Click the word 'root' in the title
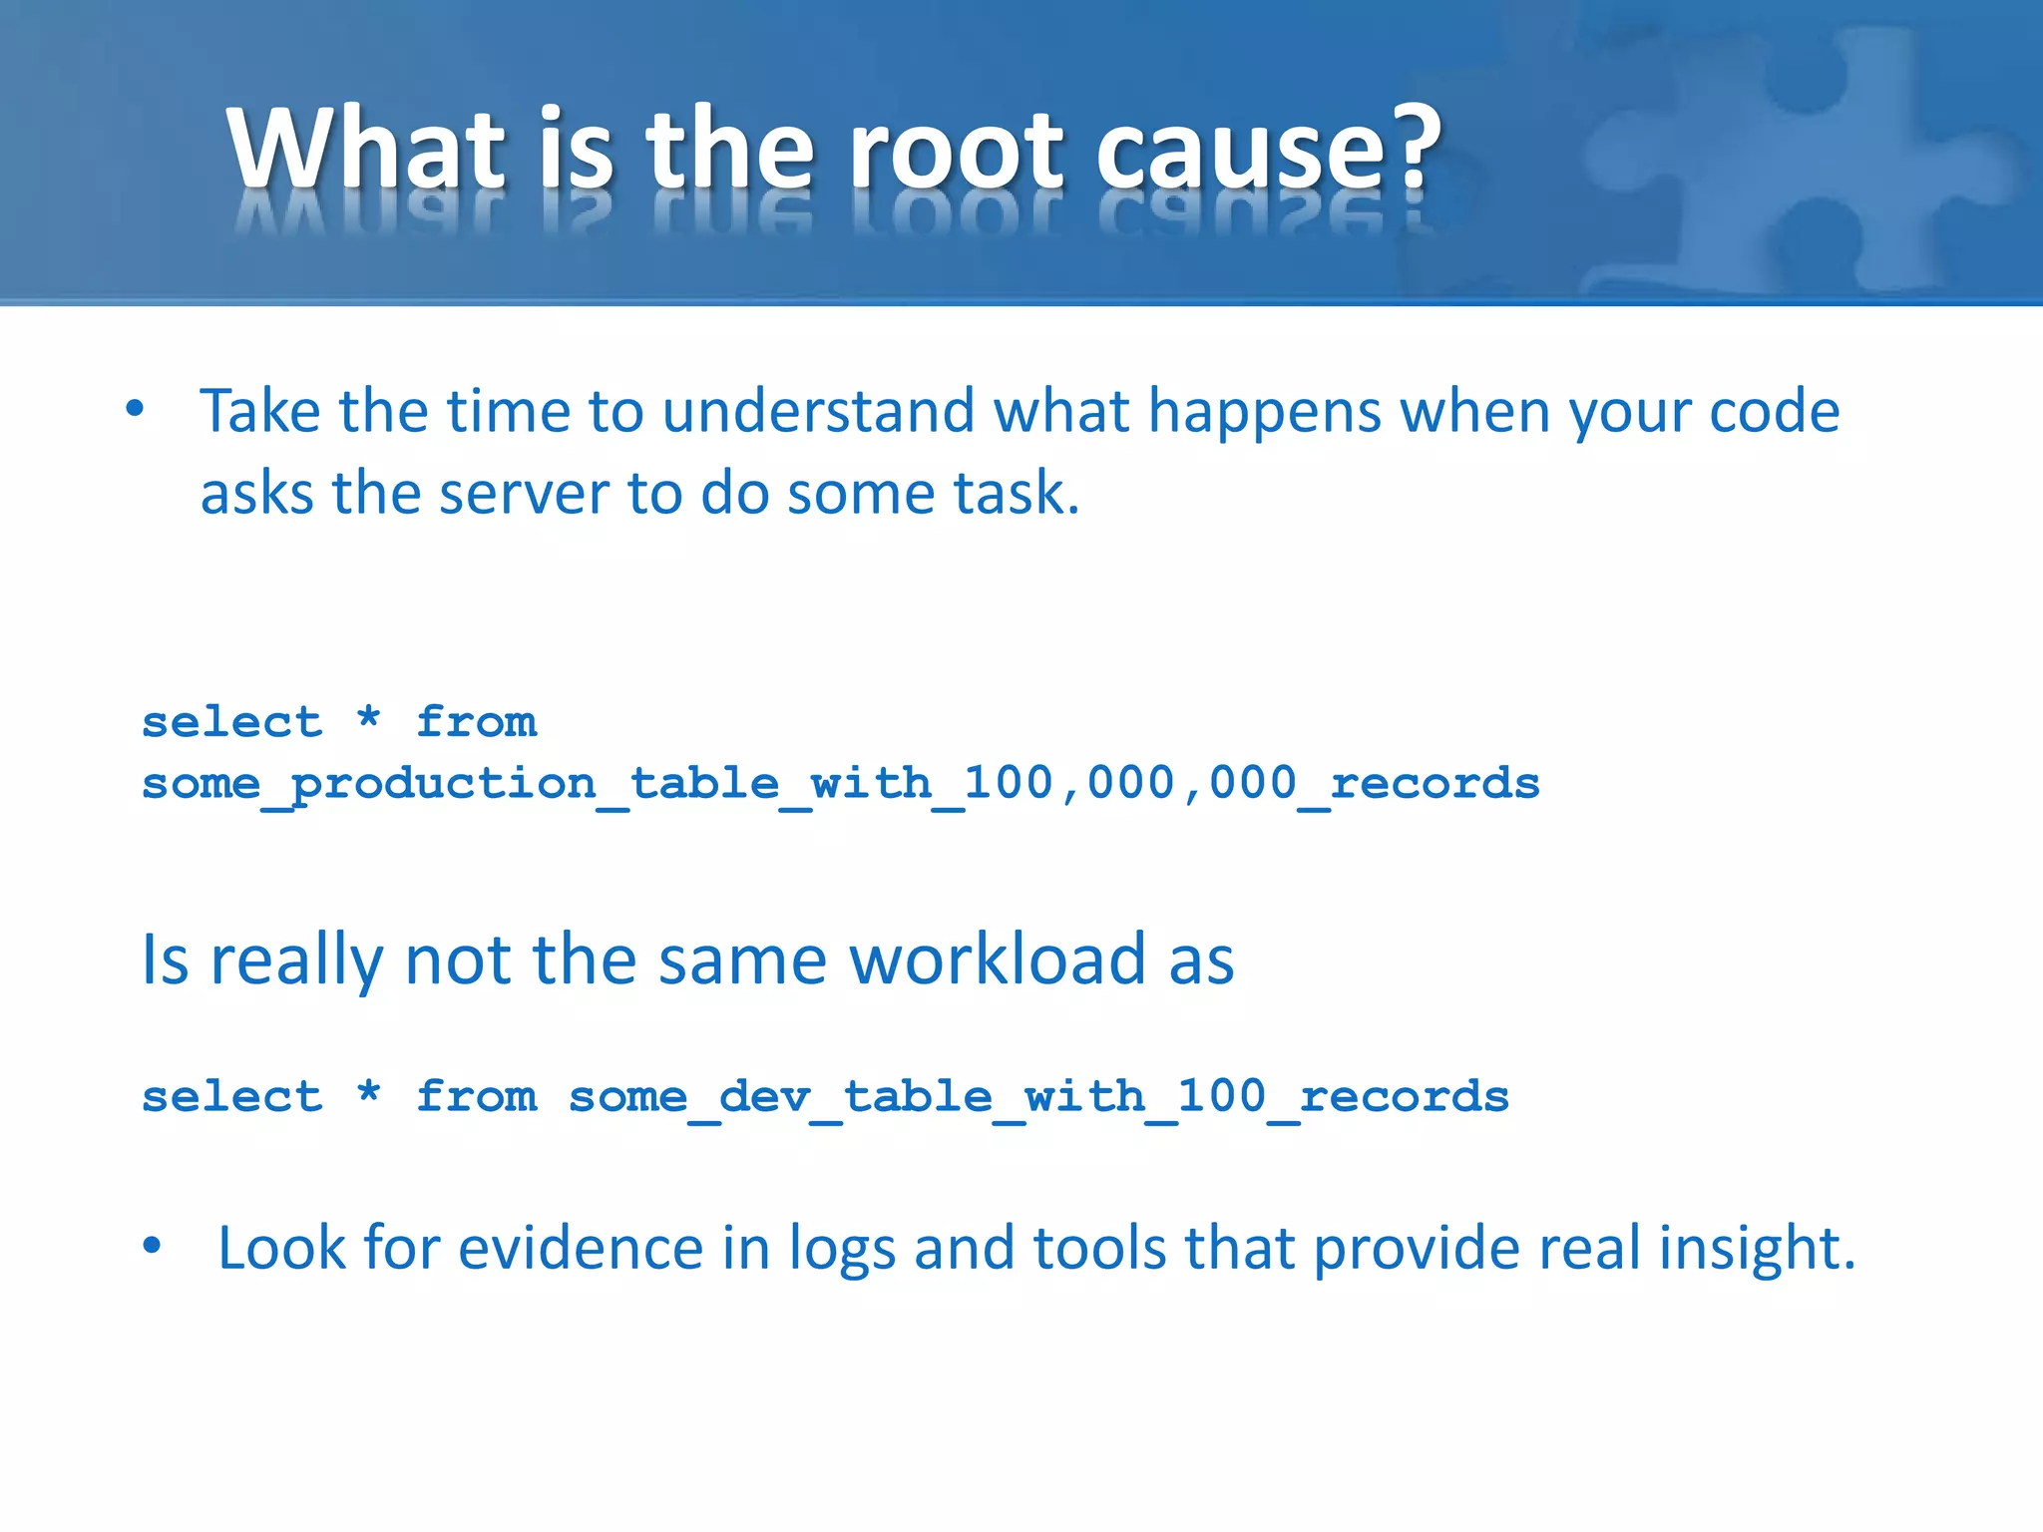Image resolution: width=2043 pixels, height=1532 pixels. [x=958, y=150]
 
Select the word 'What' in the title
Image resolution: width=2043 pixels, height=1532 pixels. [x=366, y=150]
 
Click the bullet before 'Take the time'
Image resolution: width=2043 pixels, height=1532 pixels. [x=136, y=409]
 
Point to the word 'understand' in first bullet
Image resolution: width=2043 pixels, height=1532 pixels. [x=818, y=411]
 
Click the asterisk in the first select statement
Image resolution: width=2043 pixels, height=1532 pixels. [x=369, y=718]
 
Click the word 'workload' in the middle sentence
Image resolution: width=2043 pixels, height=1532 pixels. [x=997, y=959]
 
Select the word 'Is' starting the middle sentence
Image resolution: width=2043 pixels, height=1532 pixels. [x=165, y=959]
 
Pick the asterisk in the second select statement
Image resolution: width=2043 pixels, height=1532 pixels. [x=369, y=1092]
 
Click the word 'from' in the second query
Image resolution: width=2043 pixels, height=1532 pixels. [x=477, y=1097]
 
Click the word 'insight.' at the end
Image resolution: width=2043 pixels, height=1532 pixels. [x=1756, y=1248]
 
